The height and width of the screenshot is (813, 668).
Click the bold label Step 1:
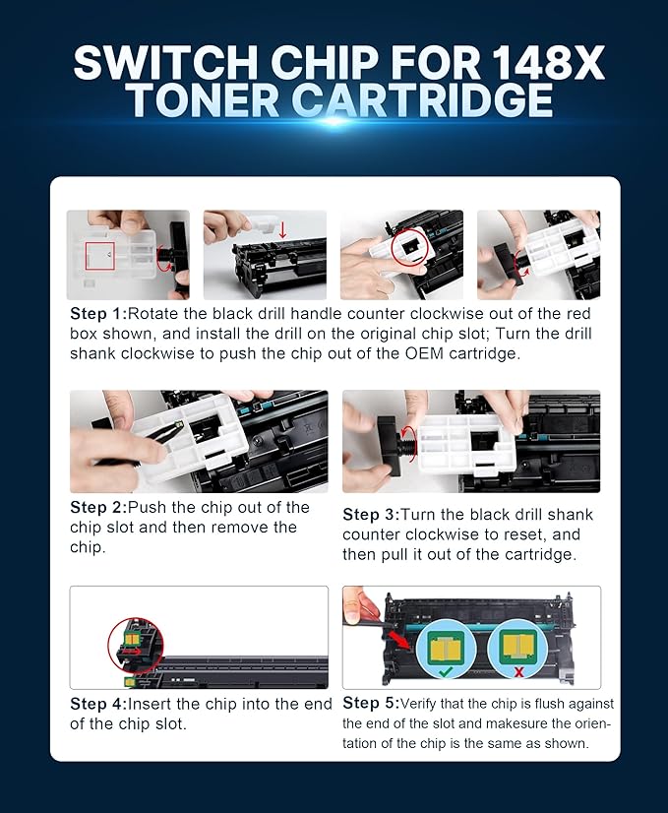97,314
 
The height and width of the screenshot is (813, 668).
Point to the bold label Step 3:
373,515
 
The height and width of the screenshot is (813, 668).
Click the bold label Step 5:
373,703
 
